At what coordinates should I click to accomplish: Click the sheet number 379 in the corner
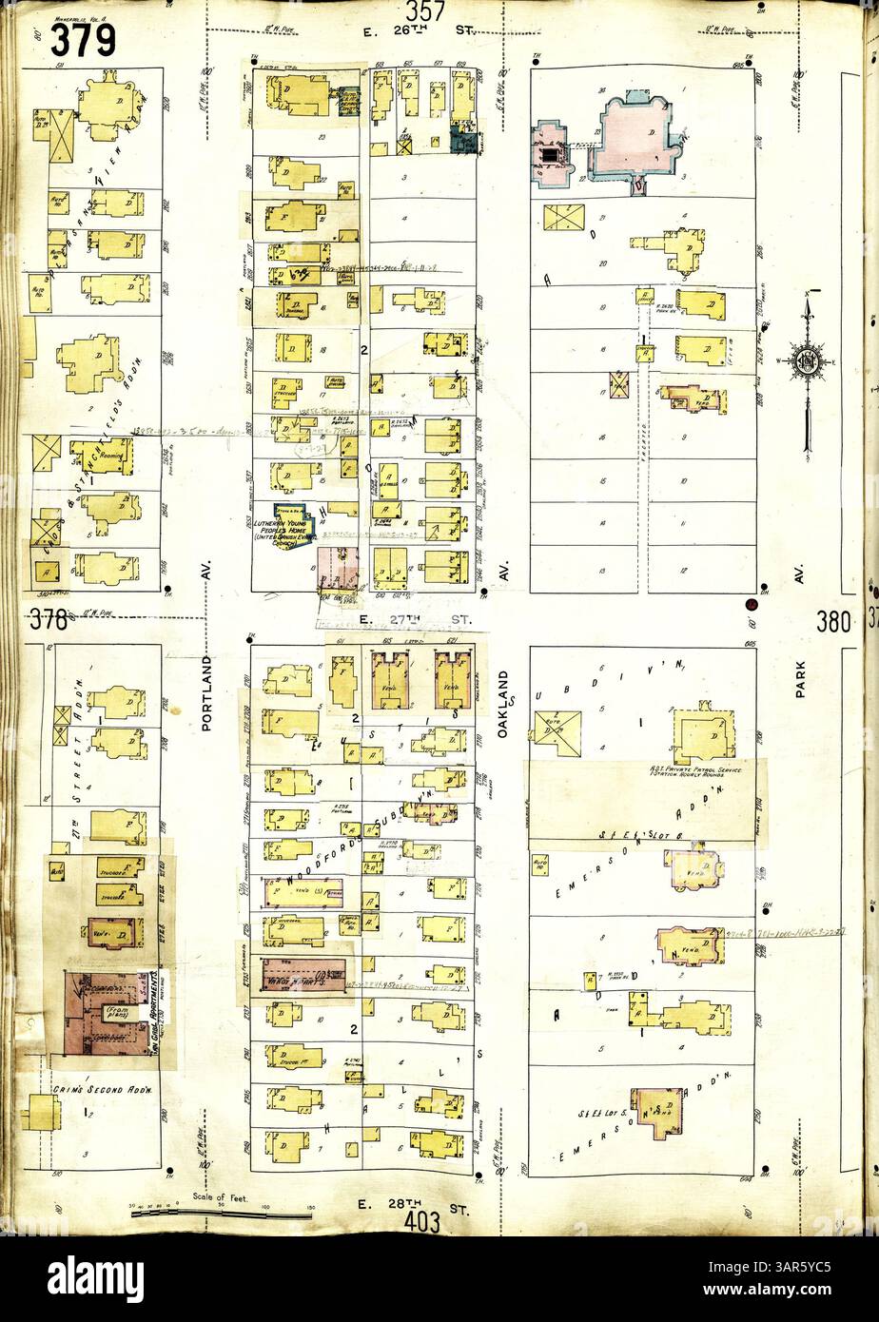[x=83, y=39]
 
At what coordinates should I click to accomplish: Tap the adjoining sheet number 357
[x=425, y=12]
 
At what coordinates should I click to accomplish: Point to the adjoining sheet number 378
[x=48, y=621]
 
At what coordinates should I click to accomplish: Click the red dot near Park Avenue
[x=751, y=604]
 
